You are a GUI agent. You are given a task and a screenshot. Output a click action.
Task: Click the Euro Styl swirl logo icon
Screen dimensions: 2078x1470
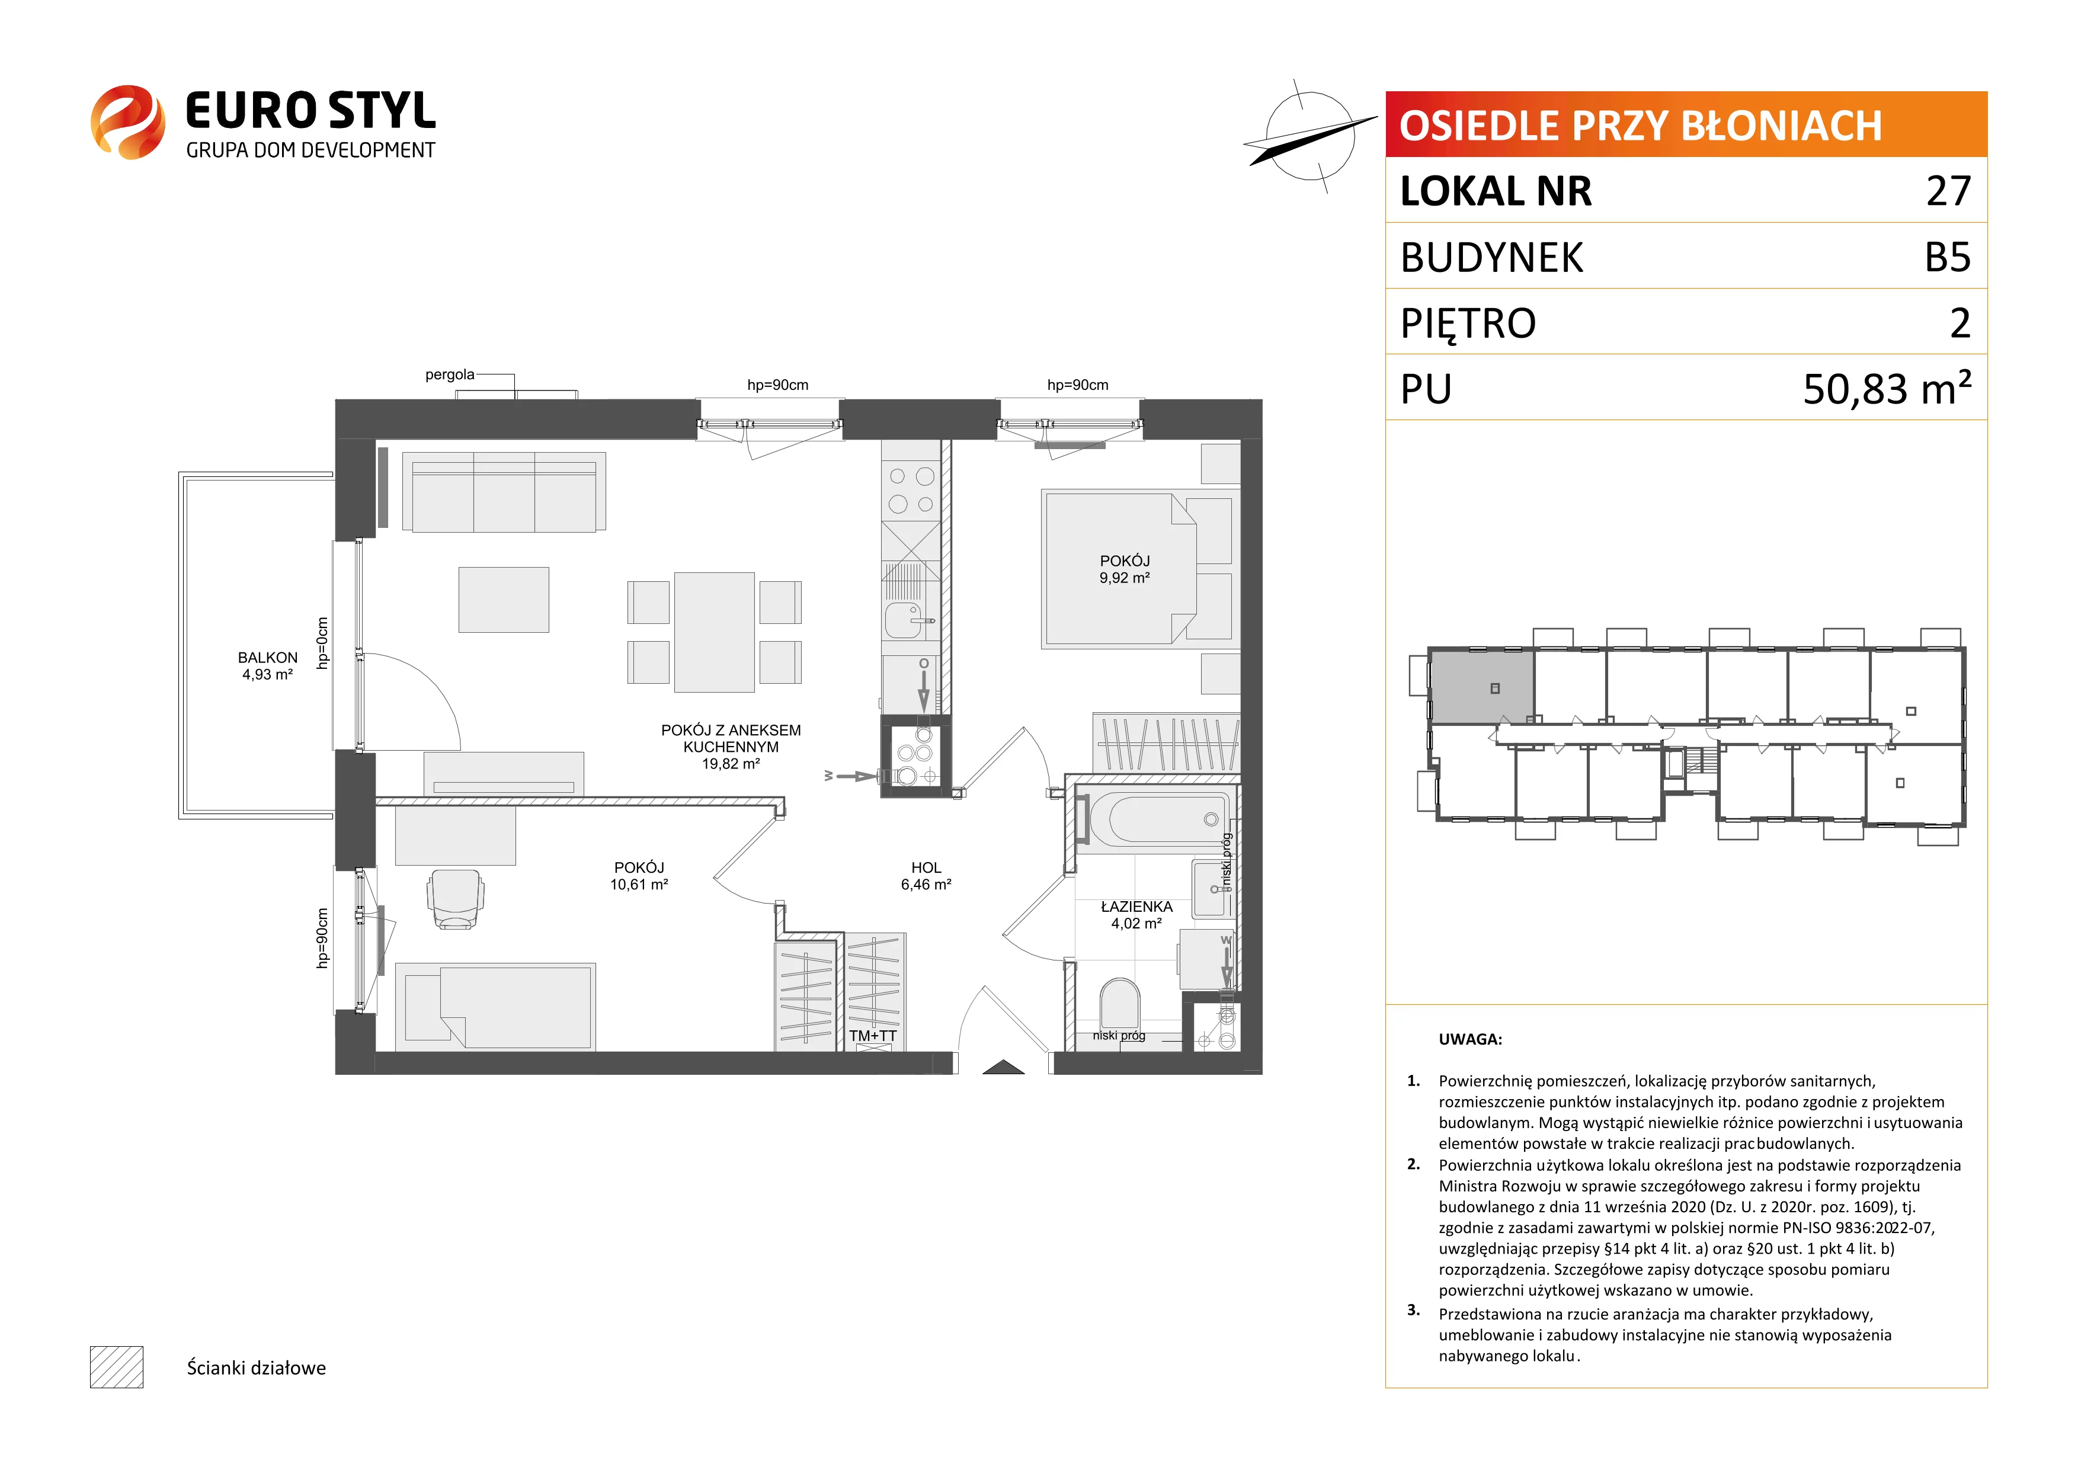coord(127,122)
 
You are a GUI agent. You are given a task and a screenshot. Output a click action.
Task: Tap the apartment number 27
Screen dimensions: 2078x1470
coord(1948,191)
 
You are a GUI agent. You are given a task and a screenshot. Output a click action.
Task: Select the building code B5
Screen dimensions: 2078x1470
coord(1948,257)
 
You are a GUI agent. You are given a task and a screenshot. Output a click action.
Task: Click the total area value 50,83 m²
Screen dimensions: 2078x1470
coord(1887,387)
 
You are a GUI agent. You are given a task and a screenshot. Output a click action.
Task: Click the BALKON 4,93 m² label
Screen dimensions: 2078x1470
coord(268,666)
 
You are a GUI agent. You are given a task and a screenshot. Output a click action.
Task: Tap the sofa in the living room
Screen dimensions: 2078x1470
coord(504,492)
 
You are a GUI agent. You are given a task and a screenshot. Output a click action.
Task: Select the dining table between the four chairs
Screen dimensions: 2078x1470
coord(714,632)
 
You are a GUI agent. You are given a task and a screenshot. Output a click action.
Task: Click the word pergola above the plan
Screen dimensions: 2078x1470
coord(450,374)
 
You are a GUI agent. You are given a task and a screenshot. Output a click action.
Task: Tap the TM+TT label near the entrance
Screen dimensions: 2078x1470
coord(872,1036)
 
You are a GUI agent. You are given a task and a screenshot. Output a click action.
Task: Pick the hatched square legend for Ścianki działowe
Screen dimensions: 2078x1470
coord(117,1367)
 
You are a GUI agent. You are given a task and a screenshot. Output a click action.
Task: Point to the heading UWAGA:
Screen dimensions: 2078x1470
coord(1470,1039)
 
